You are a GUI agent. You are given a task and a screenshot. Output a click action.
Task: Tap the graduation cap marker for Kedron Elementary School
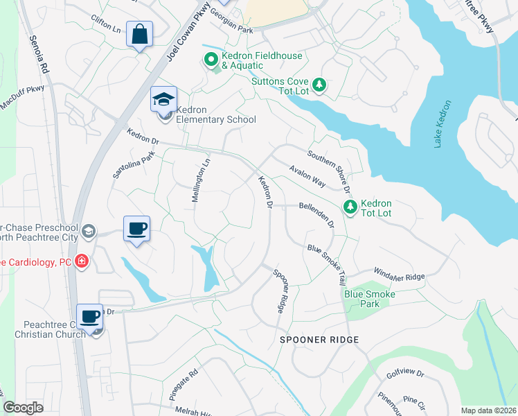tap(164, 101)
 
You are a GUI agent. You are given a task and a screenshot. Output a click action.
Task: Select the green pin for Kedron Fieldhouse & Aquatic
tap(210, 60)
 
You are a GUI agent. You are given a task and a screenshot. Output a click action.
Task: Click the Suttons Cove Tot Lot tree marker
tap(319, 85)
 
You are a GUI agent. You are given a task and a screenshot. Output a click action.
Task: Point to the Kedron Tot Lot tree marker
tap(350, 207)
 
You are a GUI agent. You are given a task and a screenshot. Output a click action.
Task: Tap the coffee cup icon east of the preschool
tap(136, 228)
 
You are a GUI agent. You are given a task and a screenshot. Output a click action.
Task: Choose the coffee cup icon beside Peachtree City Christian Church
tap(89, 318)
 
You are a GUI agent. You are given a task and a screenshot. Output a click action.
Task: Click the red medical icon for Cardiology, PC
tap(82, 261)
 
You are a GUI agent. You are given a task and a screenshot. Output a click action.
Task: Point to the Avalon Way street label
tap(307, 176)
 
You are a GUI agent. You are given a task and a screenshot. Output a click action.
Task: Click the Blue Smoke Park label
tap(370, 299)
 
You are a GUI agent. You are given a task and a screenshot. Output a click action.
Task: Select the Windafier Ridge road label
tap(398, 273)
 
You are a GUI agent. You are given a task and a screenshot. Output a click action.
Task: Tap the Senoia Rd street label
tap(37, 55)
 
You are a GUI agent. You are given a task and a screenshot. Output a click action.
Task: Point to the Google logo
tap(24, 408)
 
